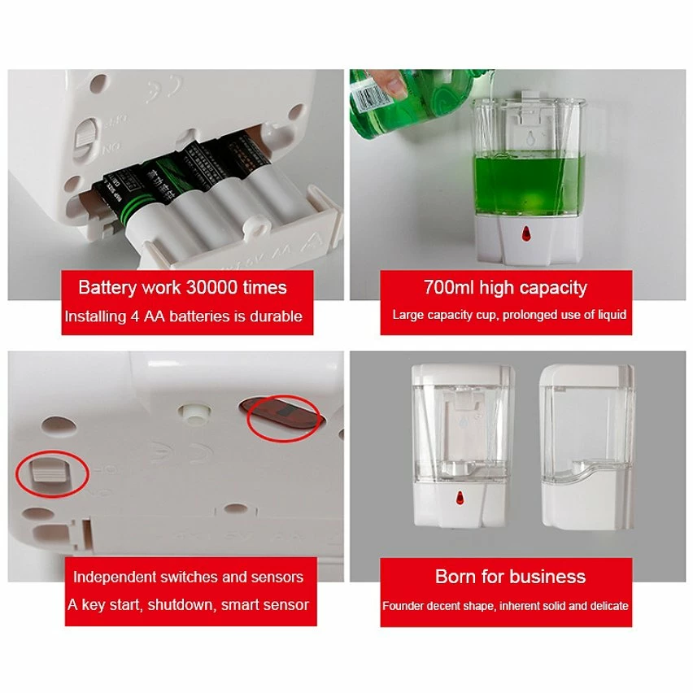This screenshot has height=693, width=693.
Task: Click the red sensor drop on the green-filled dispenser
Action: [x=524, y=234]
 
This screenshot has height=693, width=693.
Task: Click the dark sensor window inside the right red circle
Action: [x=278, y=417]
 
